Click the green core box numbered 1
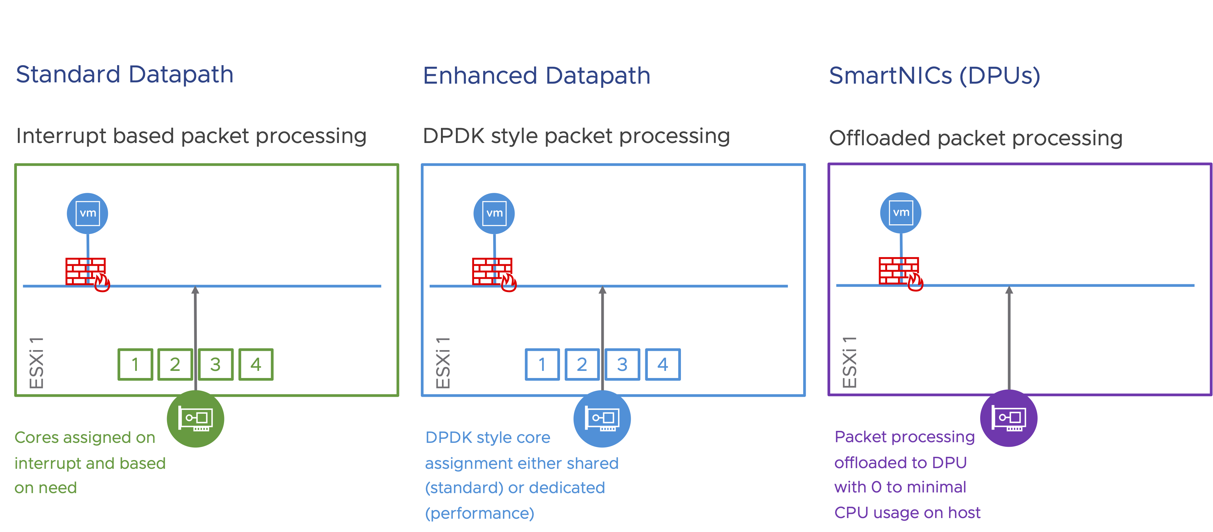pos(135,364)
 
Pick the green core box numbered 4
pos(256,364)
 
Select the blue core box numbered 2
pos(582,364)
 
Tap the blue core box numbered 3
pos(622,364)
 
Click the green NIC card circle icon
pos(196,419)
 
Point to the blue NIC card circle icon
pos(602,419)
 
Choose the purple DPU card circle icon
pos(1009,418)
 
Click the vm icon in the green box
pos(88,213)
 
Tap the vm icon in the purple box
pos(901,213)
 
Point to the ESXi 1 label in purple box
pos(849,362)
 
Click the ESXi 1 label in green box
pos(36,362)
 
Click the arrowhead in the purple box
pos(1009,290)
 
